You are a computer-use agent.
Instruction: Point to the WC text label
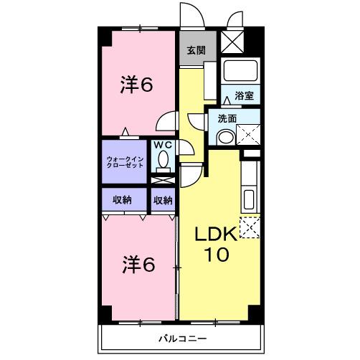164,144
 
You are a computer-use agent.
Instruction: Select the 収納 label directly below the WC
163,200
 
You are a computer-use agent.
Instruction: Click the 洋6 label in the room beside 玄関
136,85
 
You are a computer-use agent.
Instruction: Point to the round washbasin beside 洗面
225,138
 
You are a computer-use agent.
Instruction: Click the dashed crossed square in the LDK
250,227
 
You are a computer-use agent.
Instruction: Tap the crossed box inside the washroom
248,135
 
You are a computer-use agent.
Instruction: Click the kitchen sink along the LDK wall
250,199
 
